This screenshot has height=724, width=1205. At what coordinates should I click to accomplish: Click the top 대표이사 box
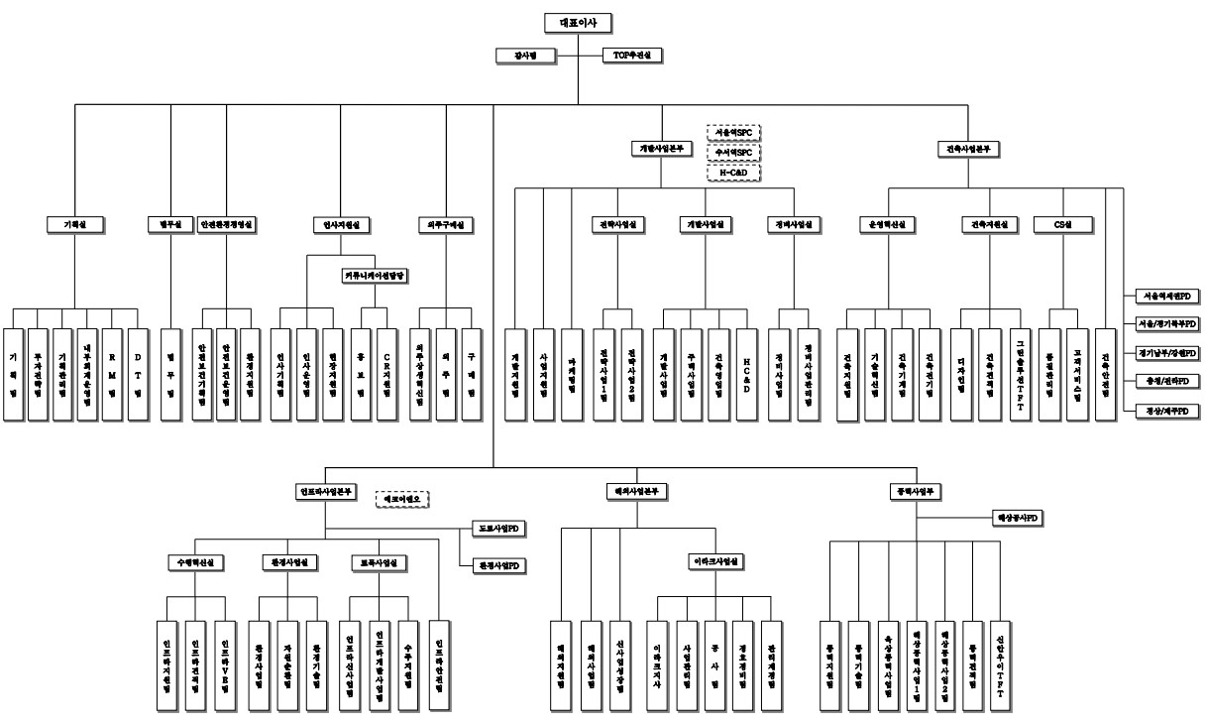click(x=578, y=22)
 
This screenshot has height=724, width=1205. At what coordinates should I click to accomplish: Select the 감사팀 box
click(x=516, y=55)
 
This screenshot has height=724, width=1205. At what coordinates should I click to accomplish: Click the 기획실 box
click(x=63, y=224)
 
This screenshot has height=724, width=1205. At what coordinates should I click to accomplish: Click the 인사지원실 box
click(x=341, y=224)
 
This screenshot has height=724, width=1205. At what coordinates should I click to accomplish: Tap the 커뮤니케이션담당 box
click(x=376, y=274)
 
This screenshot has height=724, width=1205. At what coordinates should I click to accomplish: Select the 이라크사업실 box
click(x=716, y=561)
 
